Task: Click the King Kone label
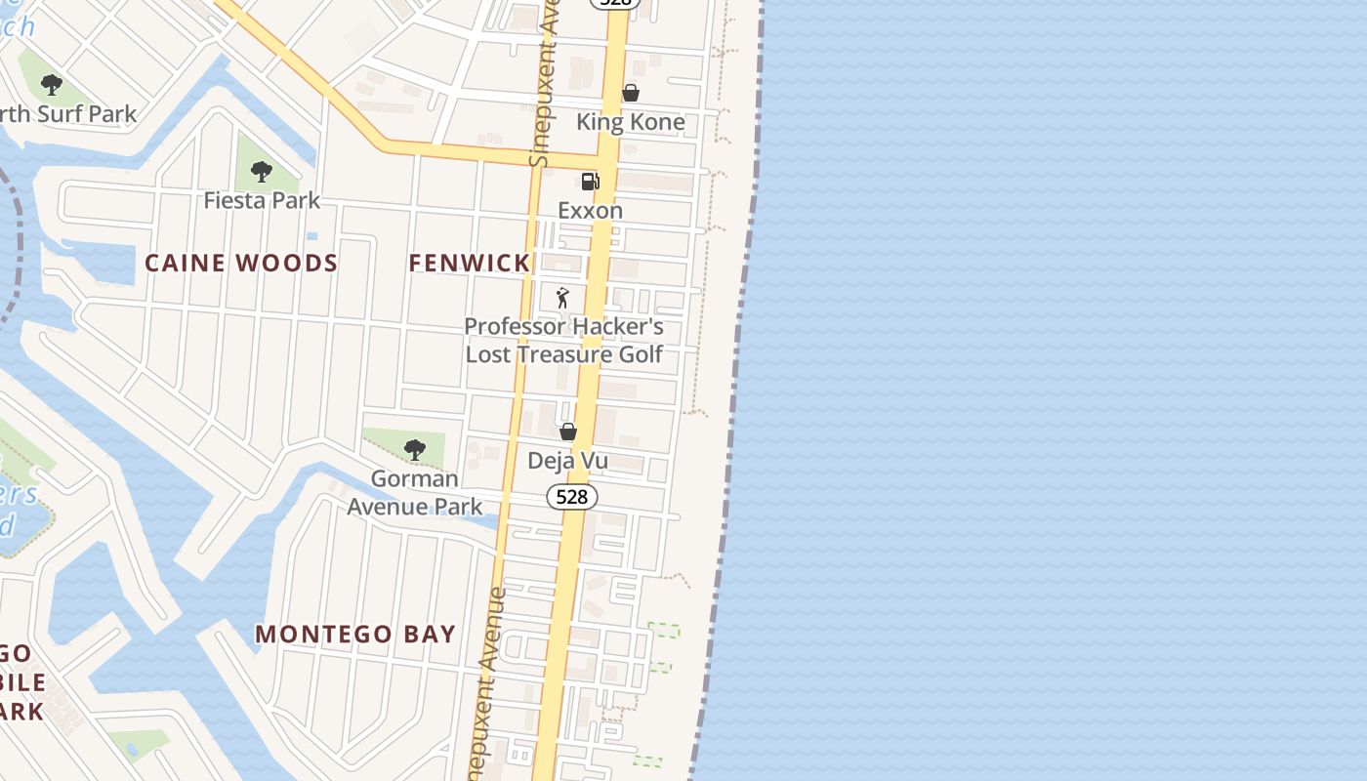[x=630, y=122]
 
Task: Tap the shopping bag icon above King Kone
[x=631, y=94]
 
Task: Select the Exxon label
[x=590, y=210]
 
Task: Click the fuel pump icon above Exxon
[x=590, y=182]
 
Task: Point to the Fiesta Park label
[x=262, y=200]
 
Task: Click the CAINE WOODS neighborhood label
[x=241, y=263]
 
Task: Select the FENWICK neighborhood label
[x=470, y=263]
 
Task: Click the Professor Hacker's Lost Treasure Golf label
[x=563, y=340]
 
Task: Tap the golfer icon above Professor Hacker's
[x=561, y=298]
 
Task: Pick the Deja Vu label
[x=567, y=461]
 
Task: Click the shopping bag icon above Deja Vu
[x=568, y=432]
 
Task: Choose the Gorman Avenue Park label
[x=415, y=492]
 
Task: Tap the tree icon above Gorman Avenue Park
[x=415, y=450]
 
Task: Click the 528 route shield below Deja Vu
[x=571, y=497]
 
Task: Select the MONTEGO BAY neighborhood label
[x=355, y=635]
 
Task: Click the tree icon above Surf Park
[x=52, y=86]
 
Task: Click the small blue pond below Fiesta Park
[x=311, y=236]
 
